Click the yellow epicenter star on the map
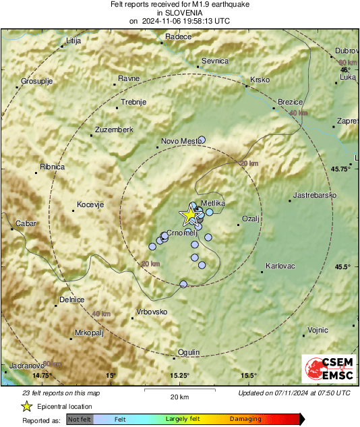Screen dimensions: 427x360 (189, 215)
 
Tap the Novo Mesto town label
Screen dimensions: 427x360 (179, 142)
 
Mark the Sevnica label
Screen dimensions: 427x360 (216, 61)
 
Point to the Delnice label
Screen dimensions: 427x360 (72, 300)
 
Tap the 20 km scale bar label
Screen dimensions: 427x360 (179, 397)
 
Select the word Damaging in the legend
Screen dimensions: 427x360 (245, 419)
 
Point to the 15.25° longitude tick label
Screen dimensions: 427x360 (179, 375)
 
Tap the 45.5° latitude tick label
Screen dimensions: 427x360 (344, 266)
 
